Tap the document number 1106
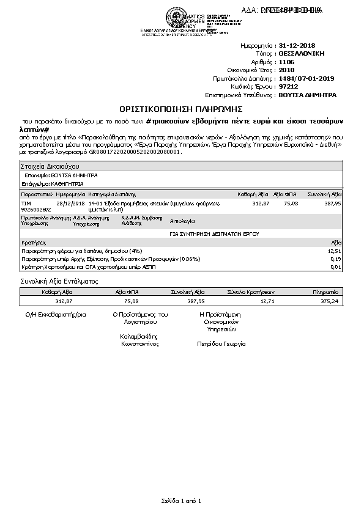point(286,62)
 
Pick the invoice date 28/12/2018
point(69,203)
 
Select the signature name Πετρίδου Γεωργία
point(221,343)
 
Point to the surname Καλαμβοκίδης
point(140,336)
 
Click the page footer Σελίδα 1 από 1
point(181,501)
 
